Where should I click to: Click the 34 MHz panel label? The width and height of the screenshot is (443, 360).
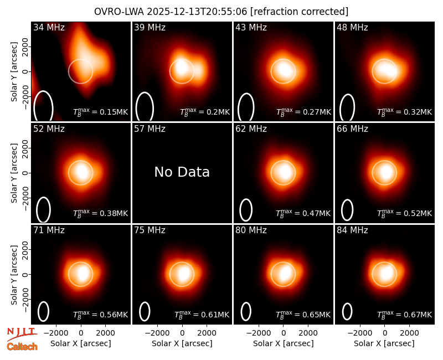(49, 27)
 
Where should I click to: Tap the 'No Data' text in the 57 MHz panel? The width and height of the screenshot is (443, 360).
(182, 172)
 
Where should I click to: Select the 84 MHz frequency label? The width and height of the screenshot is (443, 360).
(352, 230)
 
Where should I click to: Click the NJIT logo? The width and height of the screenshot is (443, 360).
(22, 334)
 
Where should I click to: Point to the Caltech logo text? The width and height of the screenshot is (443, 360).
(22, 347)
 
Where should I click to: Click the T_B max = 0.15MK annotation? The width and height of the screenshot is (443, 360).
(101, 112)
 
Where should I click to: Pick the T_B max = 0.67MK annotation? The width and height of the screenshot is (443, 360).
(405, 314)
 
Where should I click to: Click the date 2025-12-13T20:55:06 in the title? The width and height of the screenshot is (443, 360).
(197, 12)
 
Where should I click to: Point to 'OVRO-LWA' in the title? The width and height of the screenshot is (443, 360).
(119, 12)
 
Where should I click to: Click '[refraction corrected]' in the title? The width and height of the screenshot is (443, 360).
(299, 12)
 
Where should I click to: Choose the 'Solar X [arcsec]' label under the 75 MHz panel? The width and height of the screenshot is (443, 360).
(182, 343)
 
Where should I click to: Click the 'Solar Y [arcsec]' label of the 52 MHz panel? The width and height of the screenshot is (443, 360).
(14, 173)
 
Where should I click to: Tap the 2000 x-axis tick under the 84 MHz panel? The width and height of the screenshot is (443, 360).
(409, 333)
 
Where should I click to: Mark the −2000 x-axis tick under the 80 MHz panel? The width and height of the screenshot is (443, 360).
(259, 333)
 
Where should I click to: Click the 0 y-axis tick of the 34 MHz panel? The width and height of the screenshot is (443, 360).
(25, 71)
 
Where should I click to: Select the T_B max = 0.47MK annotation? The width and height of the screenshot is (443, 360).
(303, 213)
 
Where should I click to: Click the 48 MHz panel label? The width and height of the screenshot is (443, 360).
(352, 27)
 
